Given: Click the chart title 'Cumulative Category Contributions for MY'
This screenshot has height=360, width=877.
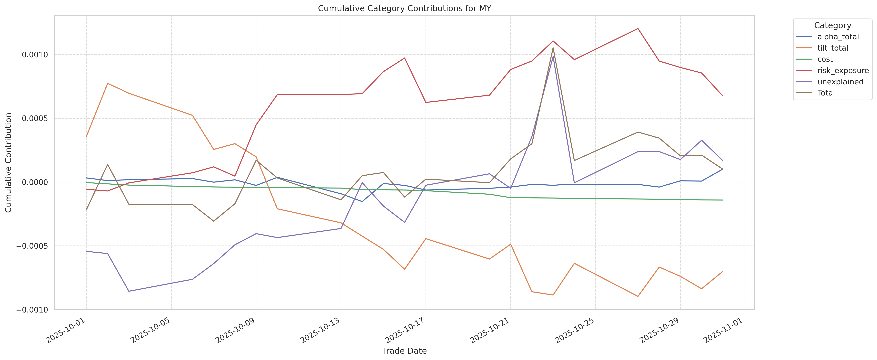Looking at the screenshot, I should pyautogui.click(x=404, y=9).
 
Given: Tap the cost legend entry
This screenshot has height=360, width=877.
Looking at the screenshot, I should pyautogui.click(x=825, y=59).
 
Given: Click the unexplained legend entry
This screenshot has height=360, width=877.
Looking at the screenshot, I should pyautogui.click(x=840, y=82).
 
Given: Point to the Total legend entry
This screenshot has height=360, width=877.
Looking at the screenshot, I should pyautogui.click(x=826, y=93).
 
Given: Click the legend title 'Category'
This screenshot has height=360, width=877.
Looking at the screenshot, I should pyautogui.click(x=832, y=26).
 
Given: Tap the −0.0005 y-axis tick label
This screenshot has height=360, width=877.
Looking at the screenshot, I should pyautogui.click(x=32, y=246).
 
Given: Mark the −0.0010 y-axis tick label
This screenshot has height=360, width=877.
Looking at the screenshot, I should pyautogui.click(x=32, y=310).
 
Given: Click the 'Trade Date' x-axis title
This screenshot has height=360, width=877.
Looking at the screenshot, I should pyautogui.click(x=404, y=351).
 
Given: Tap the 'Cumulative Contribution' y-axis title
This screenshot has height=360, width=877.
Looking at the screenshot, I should pyautogui.click(x=9, y=163).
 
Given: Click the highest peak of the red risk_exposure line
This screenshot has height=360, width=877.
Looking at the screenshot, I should pyautogui.click(x=638, y=29).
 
